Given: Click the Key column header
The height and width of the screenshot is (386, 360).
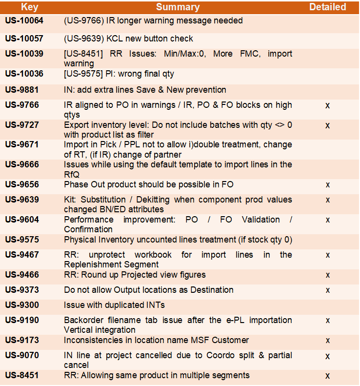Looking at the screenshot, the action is (x=30, y=7).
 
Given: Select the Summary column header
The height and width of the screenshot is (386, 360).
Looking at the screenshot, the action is (x=178, y=7).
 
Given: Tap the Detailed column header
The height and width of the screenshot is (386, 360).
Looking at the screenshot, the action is (x=327, y=7).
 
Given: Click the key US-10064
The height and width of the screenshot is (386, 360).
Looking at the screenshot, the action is (x=24, y=21).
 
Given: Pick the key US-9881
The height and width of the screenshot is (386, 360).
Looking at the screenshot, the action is (x=22, y=90).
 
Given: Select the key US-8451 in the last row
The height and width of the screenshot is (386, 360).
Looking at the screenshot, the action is (x=22, y=375).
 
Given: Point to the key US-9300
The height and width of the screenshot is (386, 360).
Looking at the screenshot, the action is (x=22, y=305).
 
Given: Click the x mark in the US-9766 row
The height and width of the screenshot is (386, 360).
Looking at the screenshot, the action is (x=328, y=105).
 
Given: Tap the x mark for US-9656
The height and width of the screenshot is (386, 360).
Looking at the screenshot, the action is (x=328, y=185).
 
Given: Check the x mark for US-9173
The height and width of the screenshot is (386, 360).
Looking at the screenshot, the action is (x=328, y=340).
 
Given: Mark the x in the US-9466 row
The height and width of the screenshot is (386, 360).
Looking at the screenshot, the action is (x=328, y=275).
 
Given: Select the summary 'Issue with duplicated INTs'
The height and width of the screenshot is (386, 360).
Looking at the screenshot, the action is (x=114, y=305).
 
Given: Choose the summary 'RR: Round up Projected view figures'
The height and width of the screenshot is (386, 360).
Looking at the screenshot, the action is (x=135, y=275).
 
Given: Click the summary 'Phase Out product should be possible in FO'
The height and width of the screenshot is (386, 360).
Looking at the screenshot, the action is (x=149, y=184).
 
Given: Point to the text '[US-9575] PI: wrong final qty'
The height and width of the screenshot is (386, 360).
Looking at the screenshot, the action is (x=119, y=74).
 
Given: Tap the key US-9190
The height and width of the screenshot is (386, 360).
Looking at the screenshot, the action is (x=22, y=320).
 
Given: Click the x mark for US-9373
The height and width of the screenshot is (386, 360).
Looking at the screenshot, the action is (x=328, y=290).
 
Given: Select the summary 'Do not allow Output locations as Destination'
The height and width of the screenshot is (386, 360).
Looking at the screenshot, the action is (x=149, y=290).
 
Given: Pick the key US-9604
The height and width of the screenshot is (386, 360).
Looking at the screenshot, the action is (x=22, y=220).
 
